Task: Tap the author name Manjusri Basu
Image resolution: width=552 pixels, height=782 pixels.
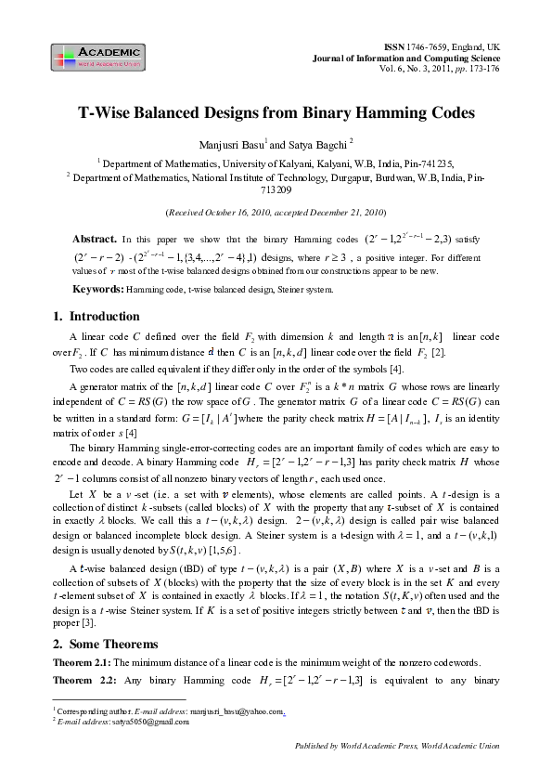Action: point(232,145)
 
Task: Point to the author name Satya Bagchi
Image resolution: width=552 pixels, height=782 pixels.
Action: point(324,145)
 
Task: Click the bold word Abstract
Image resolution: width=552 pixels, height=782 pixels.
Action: point(94,238)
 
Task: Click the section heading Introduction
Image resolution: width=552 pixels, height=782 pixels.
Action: point(104,317)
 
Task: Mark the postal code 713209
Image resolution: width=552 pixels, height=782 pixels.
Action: point(276,189)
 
